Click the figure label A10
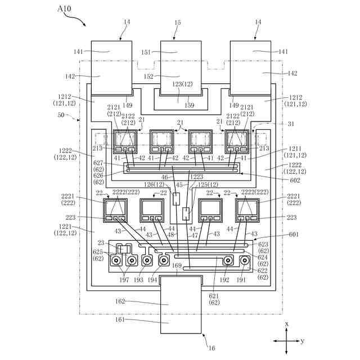tap(64, 9)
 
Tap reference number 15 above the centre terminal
tap(178, 22)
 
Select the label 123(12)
tap(182, 84)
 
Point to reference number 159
tap(190, 105)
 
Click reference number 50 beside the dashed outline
tap(61, 115)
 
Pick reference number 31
tap(291, 124)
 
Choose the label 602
tap(295, 180)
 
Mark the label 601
tap(294, 235)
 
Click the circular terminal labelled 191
tap(245, 260)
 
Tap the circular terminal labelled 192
tap(228, 260)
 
